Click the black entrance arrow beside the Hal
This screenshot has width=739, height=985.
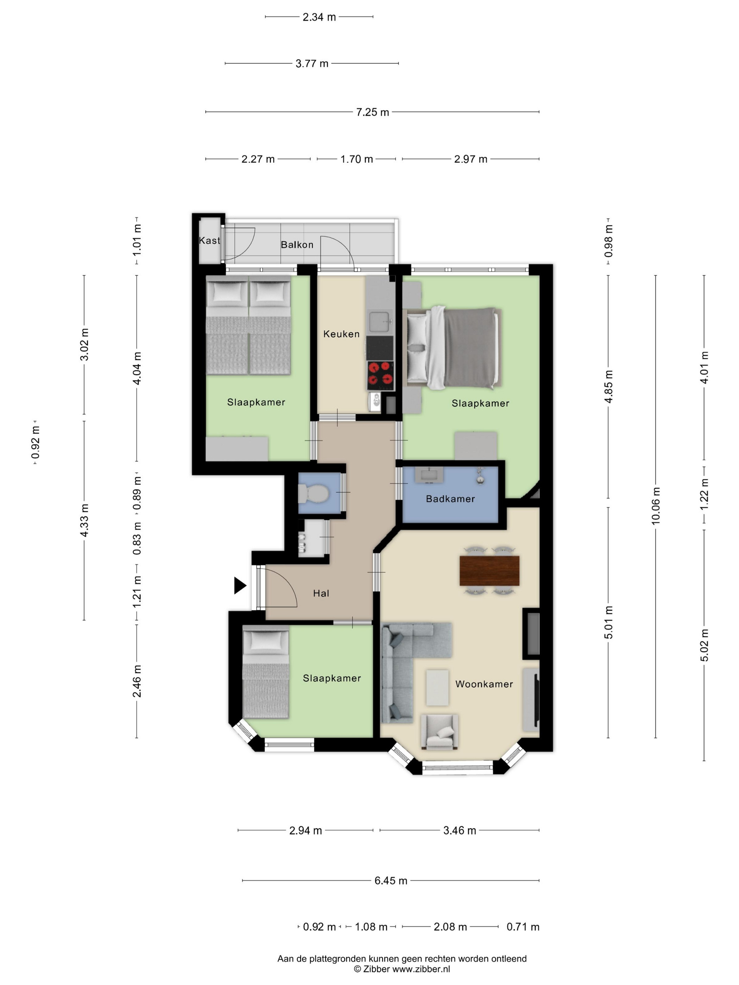tap(240, 586)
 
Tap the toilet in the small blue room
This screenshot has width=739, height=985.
tap(313, 493)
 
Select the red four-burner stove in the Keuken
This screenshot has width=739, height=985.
tap(380, 374)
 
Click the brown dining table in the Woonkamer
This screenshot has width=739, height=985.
tap(489, 571)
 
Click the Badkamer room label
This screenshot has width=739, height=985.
tap(450, 499)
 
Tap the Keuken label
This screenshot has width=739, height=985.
tap(341, 334)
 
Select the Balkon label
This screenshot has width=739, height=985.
tap(297, 244)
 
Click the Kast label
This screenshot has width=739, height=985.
tap(209, 241)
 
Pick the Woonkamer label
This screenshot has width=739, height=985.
tap(484, 684)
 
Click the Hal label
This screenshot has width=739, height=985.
tap(321, 593)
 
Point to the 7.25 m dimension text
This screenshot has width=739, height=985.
tap(372, 112)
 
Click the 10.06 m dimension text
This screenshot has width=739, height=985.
tap(655, 506)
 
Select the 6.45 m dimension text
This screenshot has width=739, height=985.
tap(391, 881)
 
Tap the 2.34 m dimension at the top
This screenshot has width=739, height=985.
tap(319, 17)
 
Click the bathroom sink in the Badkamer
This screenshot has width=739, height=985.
tap(429, 475)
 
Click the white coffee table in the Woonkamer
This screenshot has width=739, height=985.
tap(437, 687)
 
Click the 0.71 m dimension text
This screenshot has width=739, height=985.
tap(523, 927)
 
